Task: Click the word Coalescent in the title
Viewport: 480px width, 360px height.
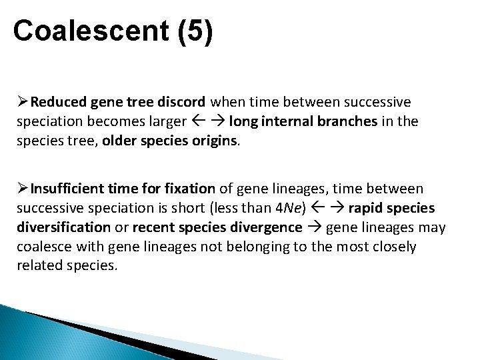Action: coord(92,31)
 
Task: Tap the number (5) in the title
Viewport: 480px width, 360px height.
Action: coord(195,31)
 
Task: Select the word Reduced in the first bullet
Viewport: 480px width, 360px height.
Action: coord(58,103)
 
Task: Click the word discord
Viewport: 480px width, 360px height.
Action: coord(181,103)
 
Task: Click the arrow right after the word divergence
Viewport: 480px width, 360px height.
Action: coord(315,227)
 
